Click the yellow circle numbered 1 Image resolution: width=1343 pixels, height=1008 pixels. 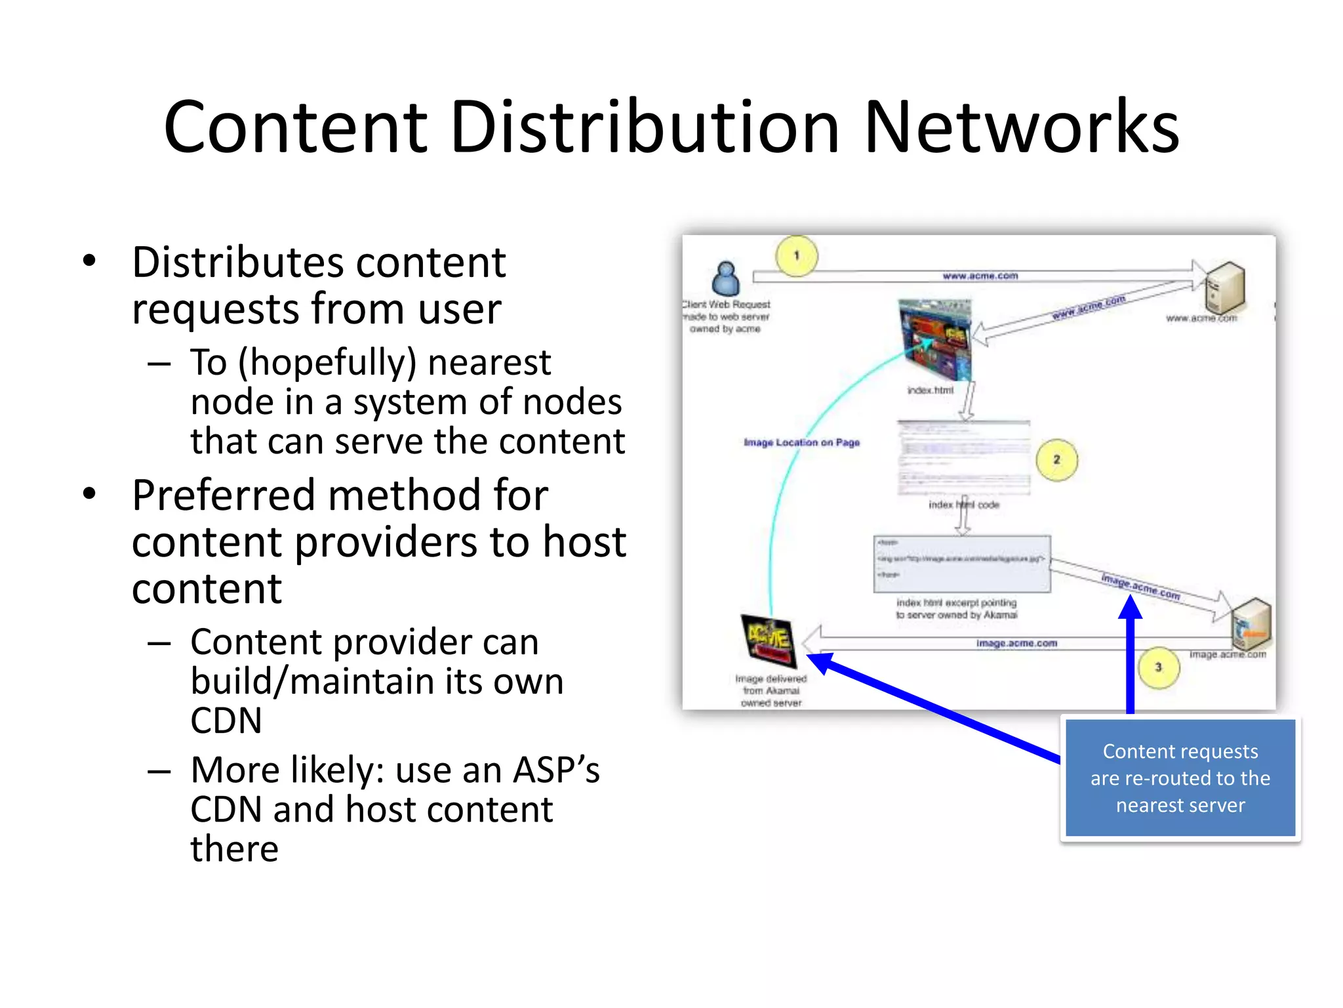click(x=797, y=256)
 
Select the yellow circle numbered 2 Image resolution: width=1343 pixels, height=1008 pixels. click(x=1056, y=460)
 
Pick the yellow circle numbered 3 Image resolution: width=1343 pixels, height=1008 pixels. click(x=1158, y=667)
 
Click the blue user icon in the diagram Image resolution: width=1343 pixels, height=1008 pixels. click(x=726, y=279)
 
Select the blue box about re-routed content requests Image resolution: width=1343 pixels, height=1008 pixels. click(x=1180, y=778)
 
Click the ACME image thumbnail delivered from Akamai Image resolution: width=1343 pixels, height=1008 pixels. click(x=768, y=640)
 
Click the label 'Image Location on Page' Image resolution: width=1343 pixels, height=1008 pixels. click(x=801, y=442)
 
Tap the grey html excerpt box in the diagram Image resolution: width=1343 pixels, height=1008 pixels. click(x=962, y=564)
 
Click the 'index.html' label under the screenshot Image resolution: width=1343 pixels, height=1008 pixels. click(x=930, y=390)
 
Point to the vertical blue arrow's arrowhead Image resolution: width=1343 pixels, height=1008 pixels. click(x=1130, y=607)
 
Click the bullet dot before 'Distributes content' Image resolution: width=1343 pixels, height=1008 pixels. click(x=90, y=261)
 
